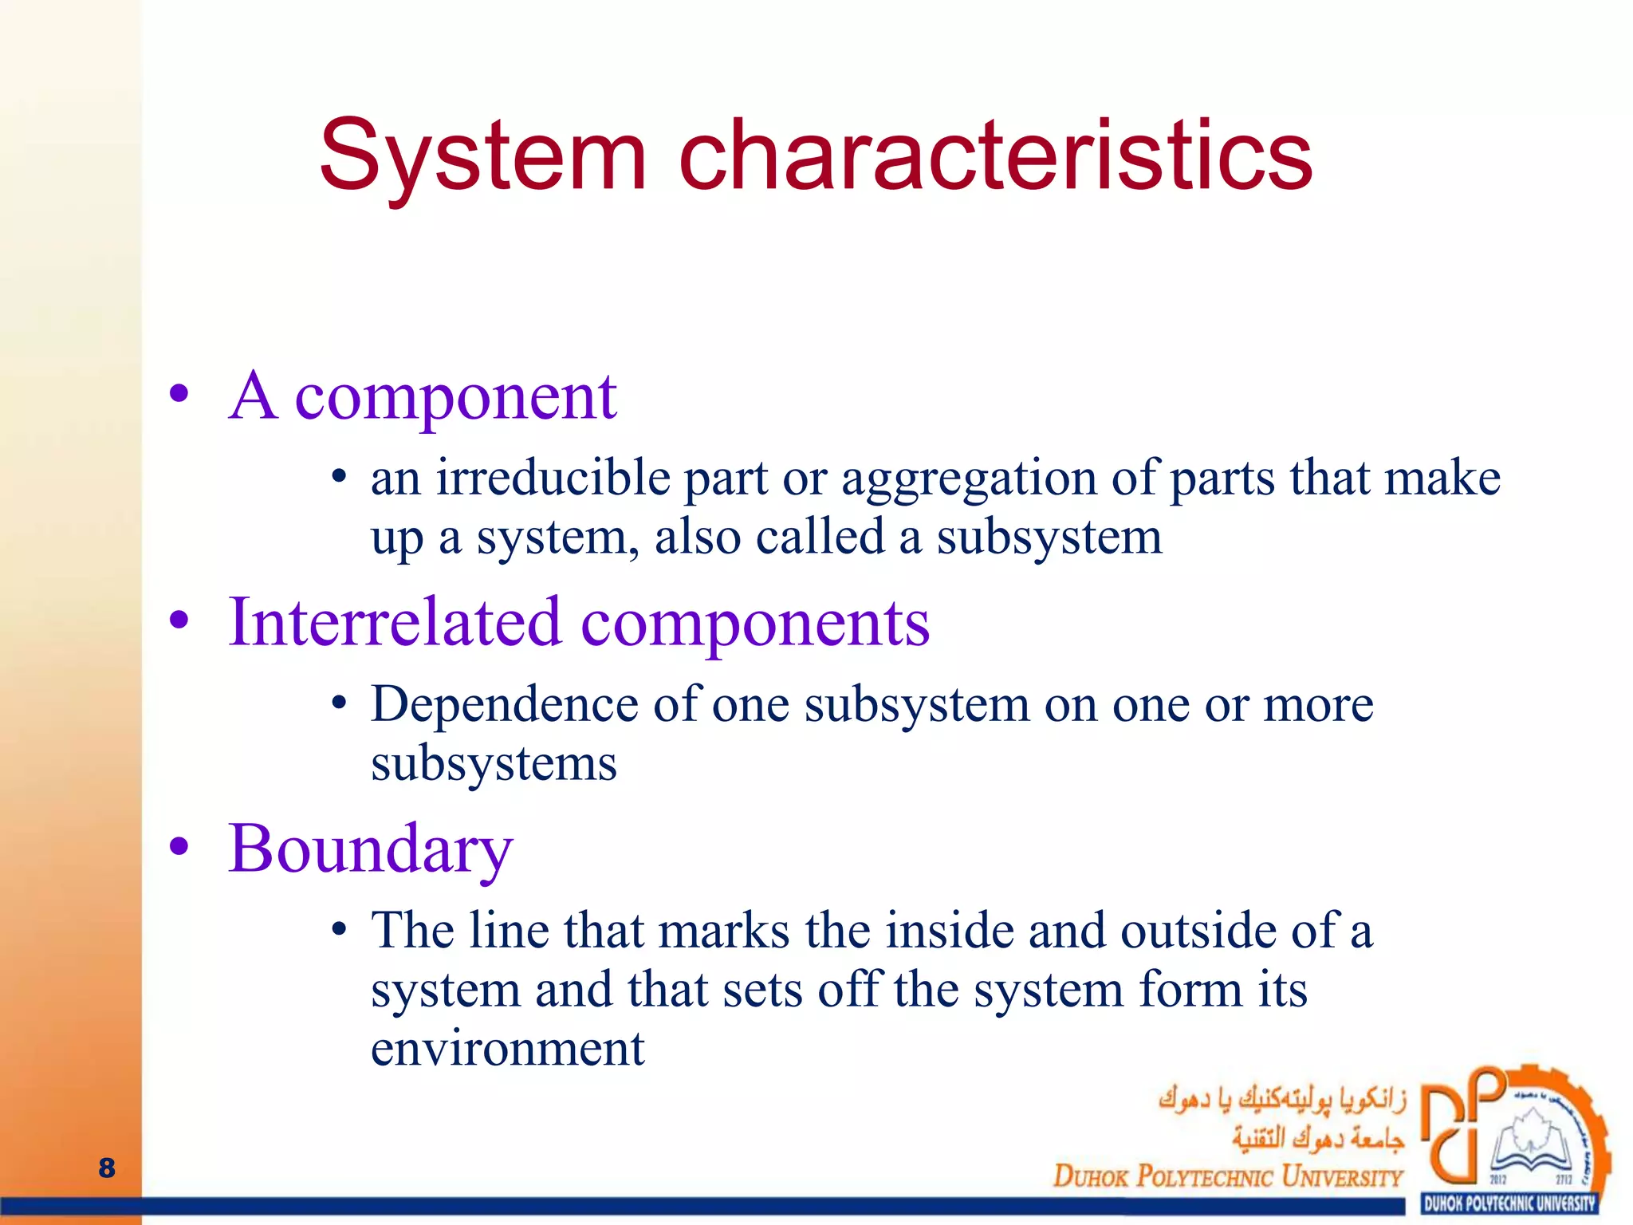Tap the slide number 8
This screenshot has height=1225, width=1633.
click(107, 1168)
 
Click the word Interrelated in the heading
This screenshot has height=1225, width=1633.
click(395, 622)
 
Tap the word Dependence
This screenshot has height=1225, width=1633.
click(505, 705)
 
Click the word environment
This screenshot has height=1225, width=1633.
click(507, 1049)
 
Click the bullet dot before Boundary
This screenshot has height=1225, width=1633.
click(179, 847)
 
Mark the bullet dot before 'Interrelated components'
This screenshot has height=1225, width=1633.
click(179, 620)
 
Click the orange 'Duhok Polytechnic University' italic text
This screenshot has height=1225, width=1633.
click(1228, 1176)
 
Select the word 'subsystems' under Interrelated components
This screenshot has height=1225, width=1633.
click(494, 764)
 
